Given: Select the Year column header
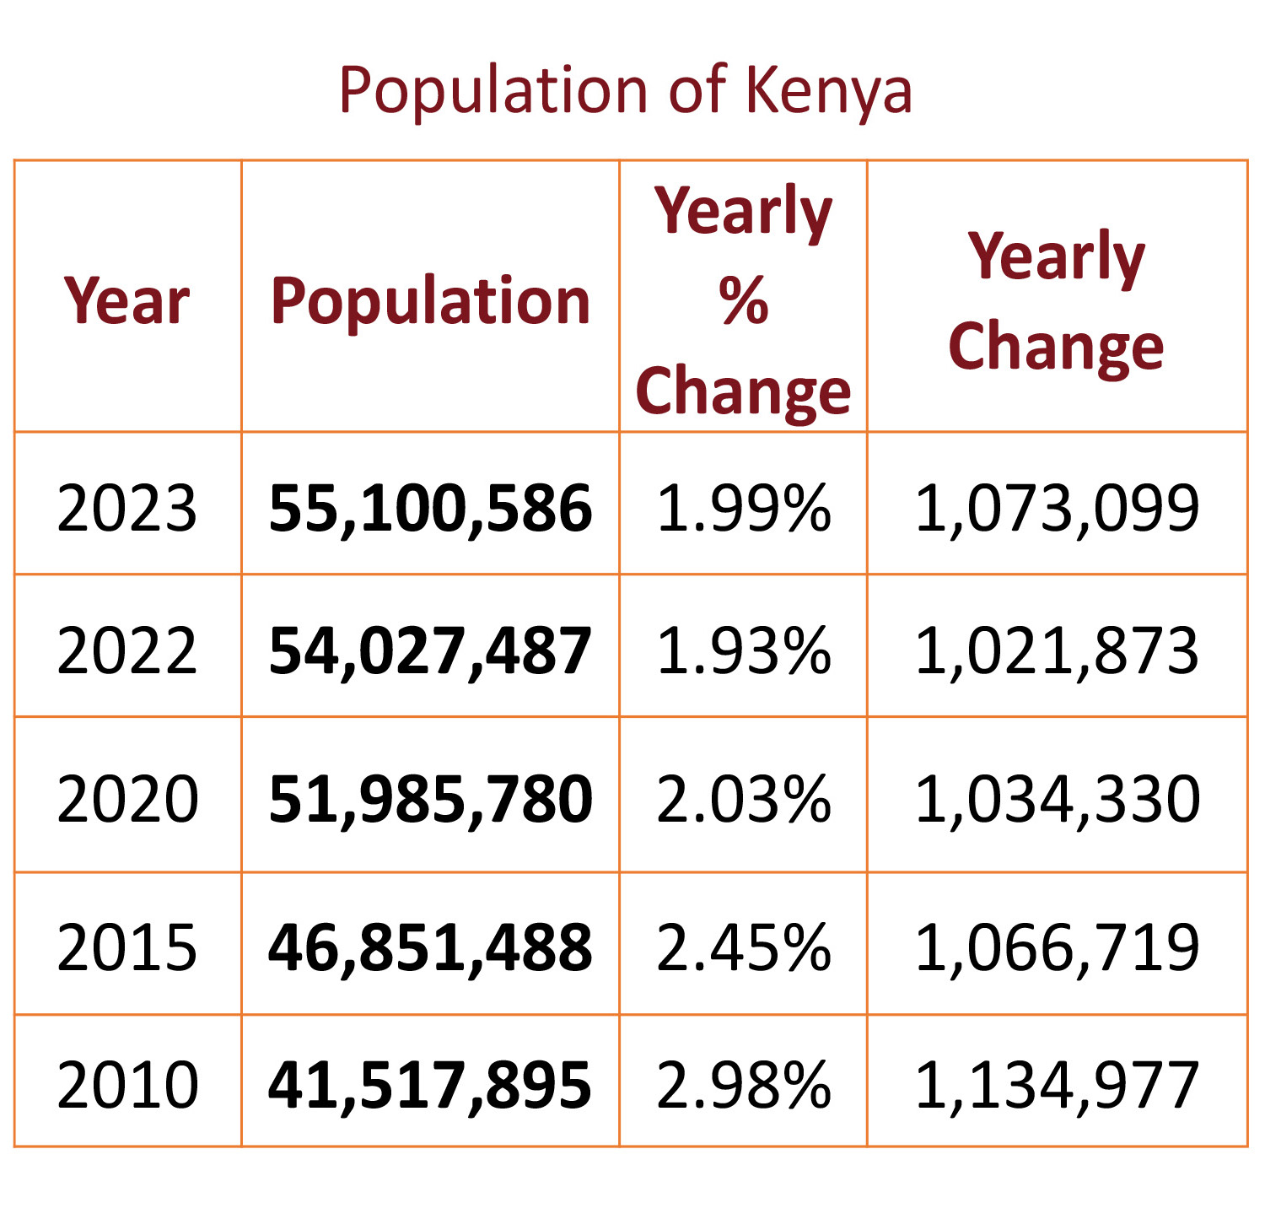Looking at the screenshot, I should (x=127, y=301).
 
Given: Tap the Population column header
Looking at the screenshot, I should (x=430, y=301).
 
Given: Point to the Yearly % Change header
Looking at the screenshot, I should (x=743, y=301).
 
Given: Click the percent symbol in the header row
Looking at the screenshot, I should (x=743, y=300).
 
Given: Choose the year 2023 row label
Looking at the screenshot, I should (x=127, y=509).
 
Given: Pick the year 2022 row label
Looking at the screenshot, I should (x=127, y=651).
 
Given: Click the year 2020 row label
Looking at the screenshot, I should (x=127, y=799).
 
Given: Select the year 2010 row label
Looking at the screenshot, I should (x=127, y=1085).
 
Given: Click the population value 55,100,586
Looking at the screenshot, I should (x=430, y=509).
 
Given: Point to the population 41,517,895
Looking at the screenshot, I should (x=430, y=1085).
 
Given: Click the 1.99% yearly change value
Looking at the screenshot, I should (x=743, y=509).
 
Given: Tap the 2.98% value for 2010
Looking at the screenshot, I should (x=743, y=1085).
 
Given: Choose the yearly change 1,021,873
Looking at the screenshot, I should (x=1057, y=651).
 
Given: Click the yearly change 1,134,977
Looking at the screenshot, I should (x=1057, y=1085).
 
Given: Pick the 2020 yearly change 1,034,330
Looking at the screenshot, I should (x=1057, y=799).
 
